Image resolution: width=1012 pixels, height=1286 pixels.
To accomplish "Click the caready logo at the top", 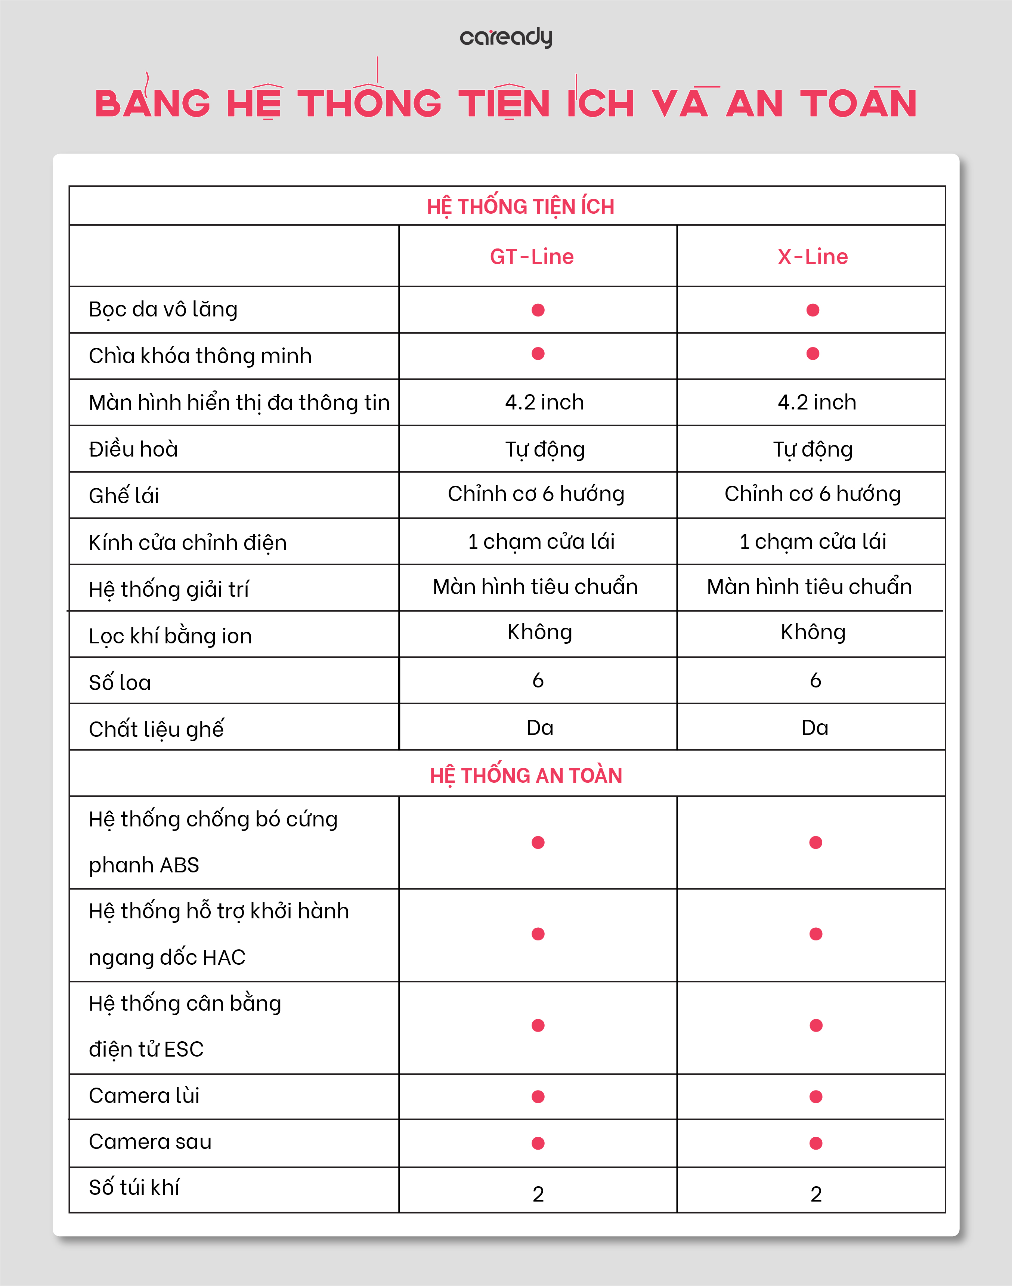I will [506, 37].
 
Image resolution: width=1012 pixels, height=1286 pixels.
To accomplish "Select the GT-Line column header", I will [532, 257].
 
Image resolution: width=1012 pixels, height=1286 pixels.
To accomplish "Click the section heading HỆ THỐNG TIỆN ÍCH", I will [520, 206].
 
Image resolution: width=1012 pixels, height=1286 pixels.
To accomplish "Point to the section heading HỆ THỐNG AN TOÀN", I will [526, 775].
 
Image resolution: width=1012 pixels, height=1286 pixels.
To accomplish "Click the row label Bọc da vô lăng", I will [163, 309].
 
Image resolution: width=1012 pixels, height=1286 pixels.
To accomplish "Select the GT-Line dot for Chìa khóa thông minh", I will [538, 354].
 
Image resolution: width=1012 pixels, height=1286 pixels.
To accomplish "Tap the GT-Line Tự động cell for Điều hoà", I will [545, 449].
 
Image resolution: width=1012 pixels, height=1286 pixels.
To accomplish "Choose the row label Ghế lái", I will [124, 495].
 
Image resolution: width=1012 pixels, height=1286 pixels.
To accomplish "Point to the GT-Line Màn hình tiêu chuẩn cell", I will [535, 587].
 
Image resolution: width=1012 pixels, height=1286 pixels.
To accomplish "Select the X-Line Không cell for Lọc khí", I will [813, 632].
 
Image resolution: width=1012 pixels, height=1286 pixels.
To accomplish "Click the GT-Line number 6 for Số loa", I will [538, 680].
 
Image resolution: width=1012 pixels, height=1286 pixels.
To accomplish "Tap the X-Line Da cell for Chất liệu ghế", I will [815, 728].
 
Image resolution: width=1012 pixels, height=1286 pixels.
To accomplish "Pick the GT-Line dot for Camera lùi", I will [538, 1096].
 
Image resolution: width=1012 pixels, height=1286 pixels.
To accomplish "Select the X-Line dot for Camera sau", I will [816, 1143].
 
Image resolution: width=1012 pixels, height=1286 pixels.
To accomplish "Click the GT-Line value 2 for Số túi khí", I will [538, 1194].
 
